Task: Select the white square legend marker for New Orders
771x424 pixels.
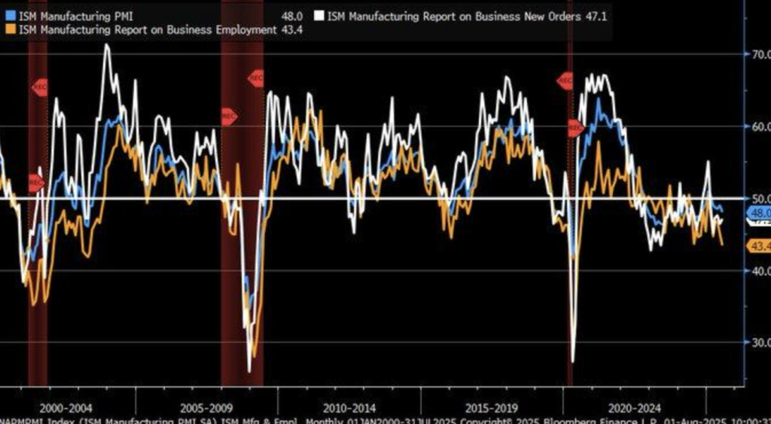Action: click(319, 16)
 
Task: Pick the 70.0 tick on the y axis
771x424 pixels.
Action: click(756, 54)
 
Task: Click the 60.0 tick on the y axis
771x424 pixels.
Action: click(756, 126)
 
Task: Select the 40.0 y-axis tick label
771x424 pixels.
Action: click(756, 271)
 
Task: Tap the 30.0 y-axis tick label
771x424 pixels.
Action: click(756, 343)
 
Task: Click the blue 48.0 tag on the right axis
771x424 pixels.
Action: click(757, 214)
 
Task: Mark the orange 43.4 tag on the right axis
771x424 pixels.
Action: click(757, 247)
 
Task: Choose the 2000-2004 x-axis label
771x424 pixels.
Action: click(68, 408)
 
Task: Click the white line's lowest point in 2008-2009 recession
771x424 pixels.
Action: click(249, 370)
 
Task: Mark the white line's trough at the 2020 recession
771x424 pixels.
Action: click(574, 361)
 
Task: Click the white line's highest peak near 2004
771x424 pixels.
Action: click(106, 45)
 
